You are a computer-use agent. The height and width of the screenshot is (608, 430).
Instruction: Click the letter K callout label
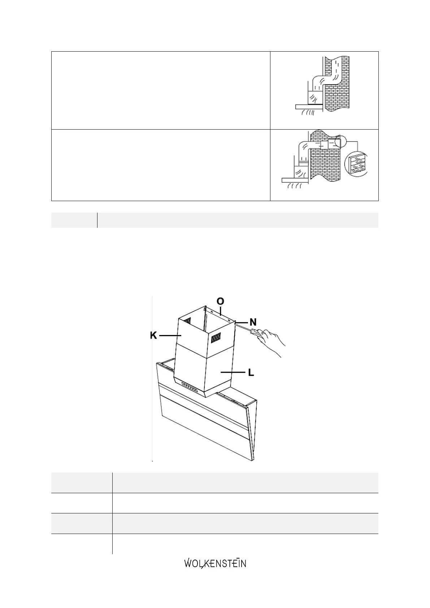(154, 335)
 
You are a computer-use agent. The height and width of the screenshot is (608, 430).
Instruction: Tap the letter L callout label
(251, 372)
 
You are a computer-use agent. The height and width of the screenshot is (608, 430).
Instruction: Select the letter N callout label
(253, 321)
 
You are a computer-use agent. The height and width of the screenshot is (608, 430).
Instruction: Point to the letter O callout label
(220, 301)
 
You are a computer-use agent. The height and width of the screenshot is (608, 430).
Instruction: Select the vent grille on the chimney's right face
(216, 338)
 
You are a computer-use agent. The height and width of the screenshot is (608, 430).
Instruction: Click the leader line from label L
(233, 372)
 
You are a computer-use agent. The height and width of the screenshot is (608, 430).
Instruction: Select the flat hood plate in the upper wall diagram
(309, 107)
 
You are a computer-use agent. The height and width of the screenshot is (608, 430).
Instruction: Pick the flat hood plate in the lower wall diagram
(295, 179)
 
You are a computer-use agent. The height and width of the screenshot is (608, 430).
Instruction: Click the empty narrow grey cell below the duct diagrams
(74, 220)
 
